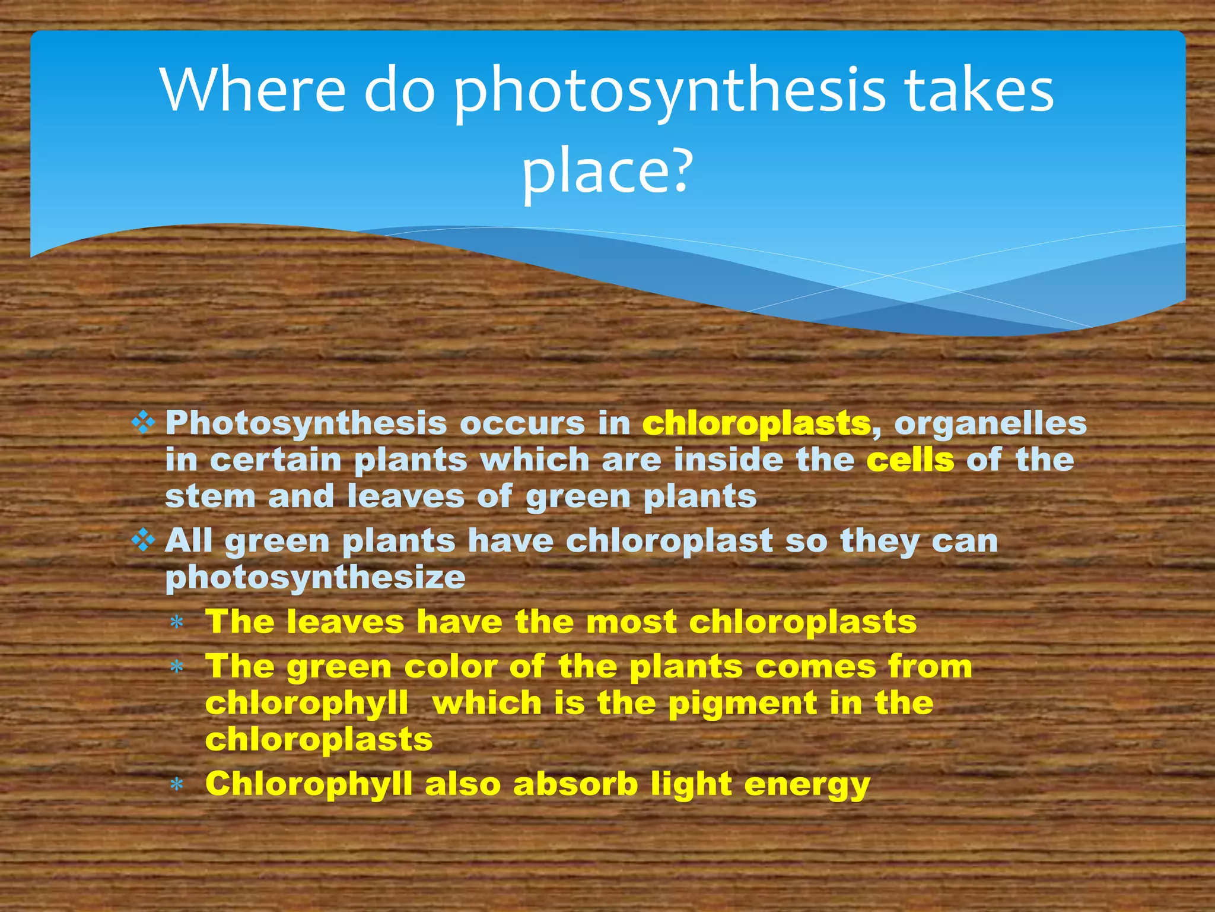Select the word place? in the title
coord(607,170)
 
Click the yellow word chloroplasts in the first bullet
coord(756,423)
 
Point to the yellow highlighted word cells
coord(910,460)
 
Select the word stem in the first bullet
coord(210,496)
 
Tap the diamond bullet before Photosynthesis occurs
coord(143,423)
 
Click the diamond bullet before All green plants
coord(143,540)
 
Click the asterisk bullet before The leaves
coord(176,623)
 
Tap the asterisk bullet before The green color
coord(176,667)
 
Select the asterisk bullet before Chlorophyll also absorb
coord(176,785)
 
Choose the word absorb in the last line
coord(575,784)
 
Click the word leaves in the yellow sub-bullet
coord(345,622)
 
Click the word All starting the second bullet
coord(188,541)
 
